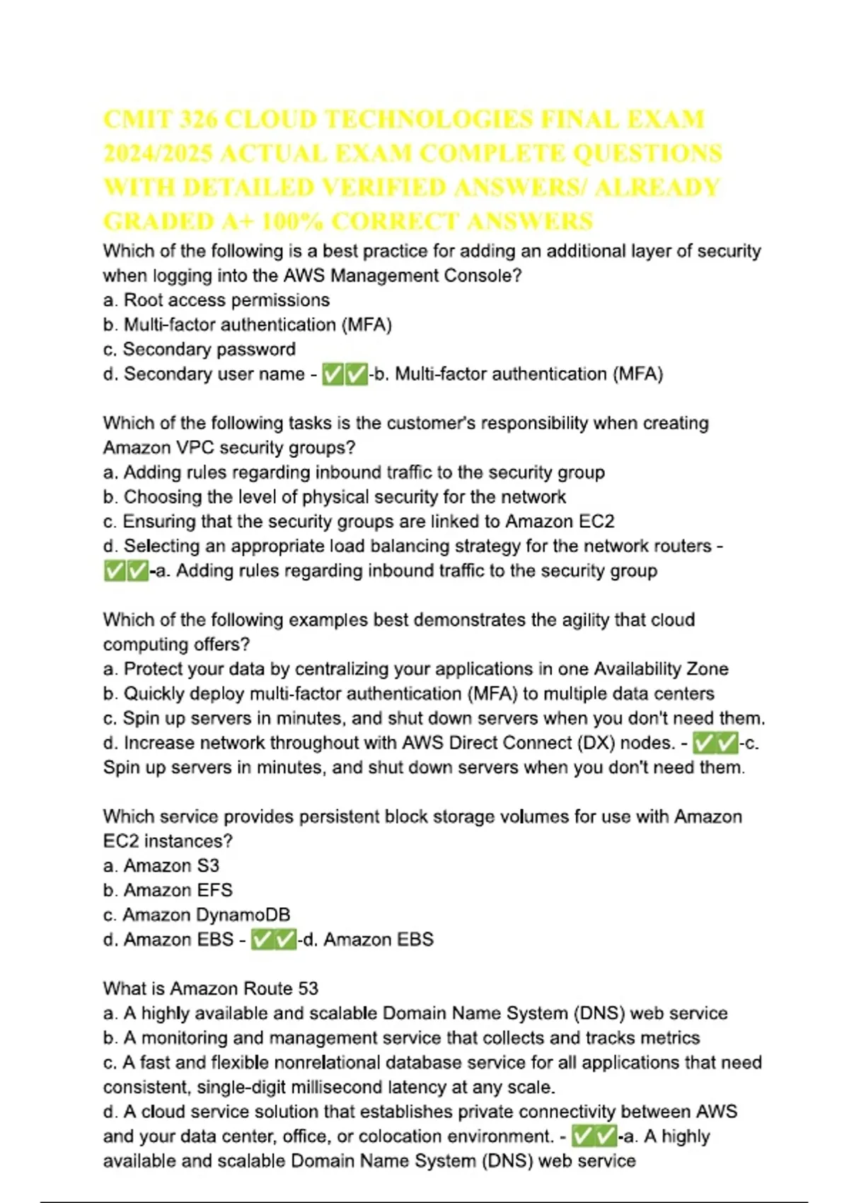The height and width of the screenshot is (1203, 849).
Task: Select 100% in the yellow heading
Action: coord(292,221)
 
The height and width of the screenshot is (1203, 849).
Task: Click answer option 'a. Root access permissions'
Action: coord(216,300)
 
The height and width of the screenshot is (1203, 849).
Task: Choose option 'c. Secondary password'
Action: coord(200,349)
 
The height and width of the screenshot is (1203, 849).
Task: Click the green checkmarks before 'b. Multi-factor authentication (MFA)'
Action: coord(345,374)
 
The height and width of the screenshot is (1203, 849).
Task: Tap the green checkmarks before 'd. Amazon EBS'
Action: coord(274,939)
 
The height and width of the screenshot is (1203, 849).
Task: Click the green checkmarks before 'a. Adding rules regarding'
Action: coord(126,570)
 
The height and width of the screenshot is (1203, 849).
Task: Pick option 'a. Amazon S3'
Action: coord(161,865)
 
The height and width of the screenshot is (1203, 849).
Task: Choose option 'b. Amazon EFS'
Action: coord(168,890)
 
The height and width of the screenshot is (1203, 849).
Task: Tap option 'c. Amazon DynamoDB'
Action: coord(197,915)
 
